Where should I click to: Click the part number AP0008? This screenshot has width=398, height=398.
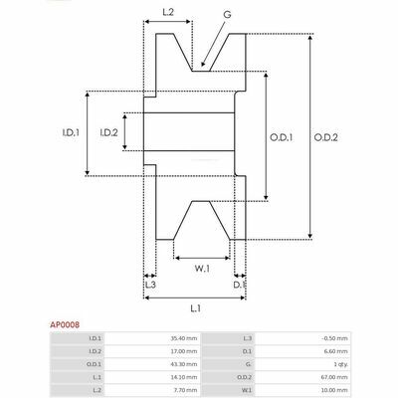[x=65, y=324]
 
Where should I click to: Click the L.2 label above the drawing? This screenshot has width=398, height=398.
[x=168, y=12]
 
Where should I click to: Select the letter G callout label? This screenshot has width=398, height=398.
[x=227, y=15]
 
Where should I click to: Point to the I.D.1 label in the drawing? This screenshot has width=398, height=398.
[x=71, y=133]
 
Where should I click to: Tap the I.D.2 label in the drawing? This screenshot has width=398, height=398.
[x=108, y=133]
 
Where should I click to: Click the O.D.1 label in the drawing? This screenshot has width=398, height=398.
[x=281, y=137]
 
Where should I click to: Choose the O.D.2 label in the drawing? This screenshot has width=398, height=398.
[x=325, y=137]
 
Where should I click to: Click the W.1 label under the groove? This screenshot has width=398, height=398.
[x=202, y=269]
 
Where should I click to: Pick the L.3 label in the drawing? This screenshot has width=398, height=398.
[x=150, y=285]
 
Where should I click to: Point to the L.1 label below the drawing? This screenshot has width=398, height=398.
[x=196, y=308]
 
